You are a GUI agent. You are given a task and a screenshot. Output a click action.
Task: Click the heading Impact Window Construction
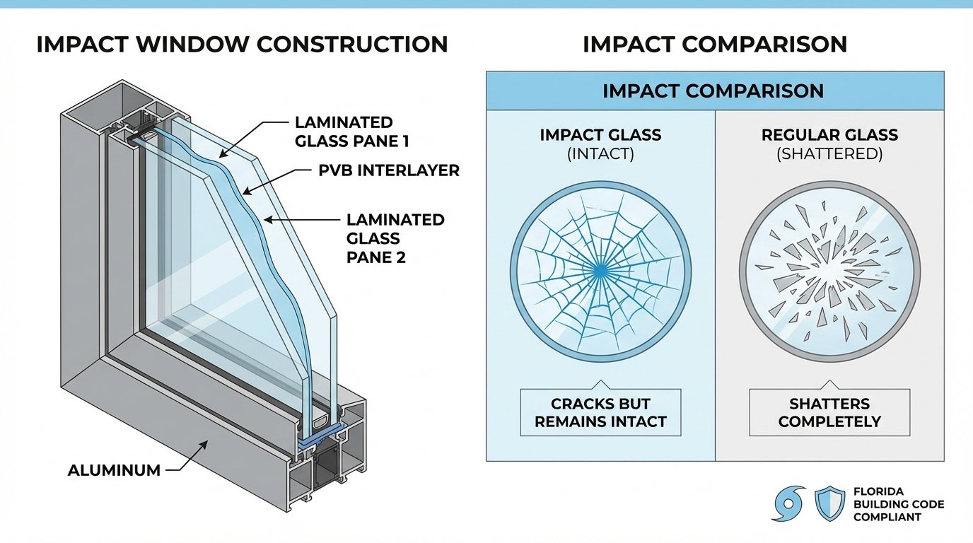click(242, 44)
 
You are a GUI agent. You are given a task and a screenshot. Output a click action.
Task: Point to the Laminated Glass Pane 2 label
click(395, 238)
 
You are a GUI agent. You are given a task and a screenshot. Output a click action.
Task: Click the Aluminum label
click(114, 469)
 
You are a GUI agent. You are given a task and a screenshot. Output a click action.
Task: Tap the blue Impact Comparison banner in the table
click(714, 90)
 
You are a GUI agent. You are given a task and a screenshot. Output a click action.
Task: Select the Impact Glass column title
click(600, 135)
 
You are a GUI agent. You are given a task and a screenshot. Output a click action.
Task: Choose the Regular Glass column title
click(829, 135)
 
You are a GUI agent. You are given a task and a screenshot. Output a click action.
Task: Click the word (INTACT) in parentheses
click(600, 153)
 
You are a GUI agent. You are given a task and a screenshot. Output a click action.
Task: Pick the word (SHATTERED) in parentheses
click(829, 153)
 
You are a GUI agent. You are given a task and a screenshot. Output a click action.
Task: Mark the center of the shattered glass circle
click(829, 269)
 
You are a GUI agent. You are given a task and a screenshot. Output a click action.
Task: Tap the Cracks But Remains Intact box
click(600, 413)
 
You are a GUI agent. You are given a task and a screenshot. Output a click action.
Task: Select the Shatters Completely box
click(829, 413)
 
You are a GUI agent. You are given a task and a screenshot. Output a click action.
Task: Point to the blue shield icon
click(829, 502)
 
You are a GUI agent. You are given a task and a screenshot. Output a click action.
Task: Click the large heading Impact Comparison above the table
click(714, 44)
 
